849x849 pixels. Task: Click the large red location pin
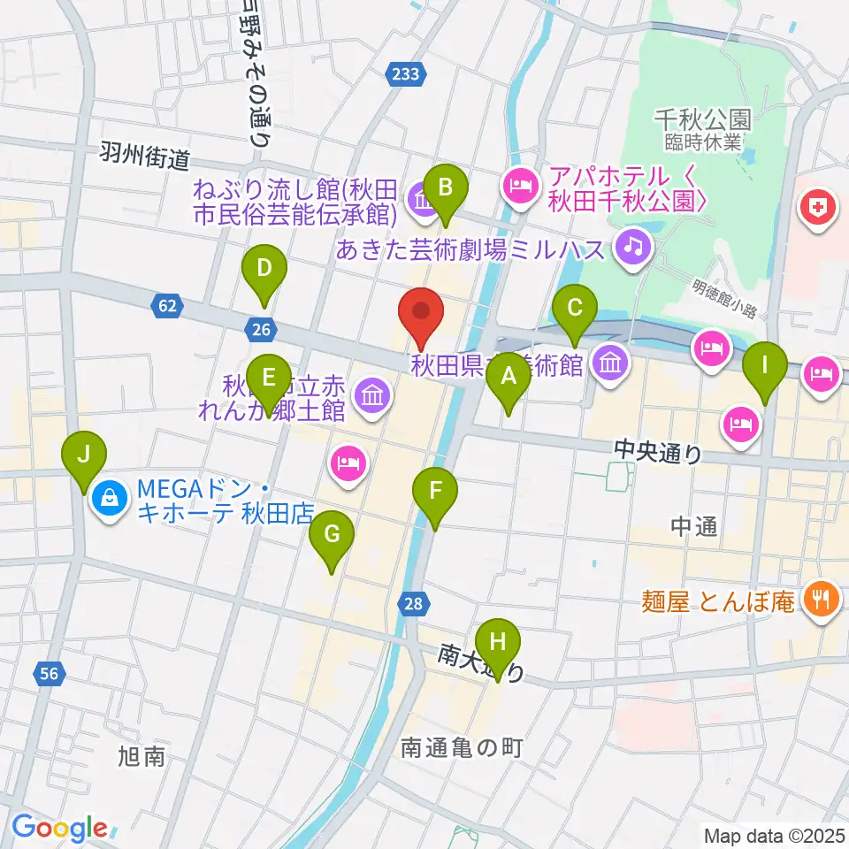point(422,311)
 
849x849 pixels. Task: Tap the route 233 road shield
point(406,75)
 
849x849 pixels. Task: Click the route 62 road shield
point(168,306)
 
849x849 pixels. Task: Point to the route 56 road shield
point(50,675)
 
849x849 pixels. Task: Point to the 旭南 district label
point(141,757)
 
